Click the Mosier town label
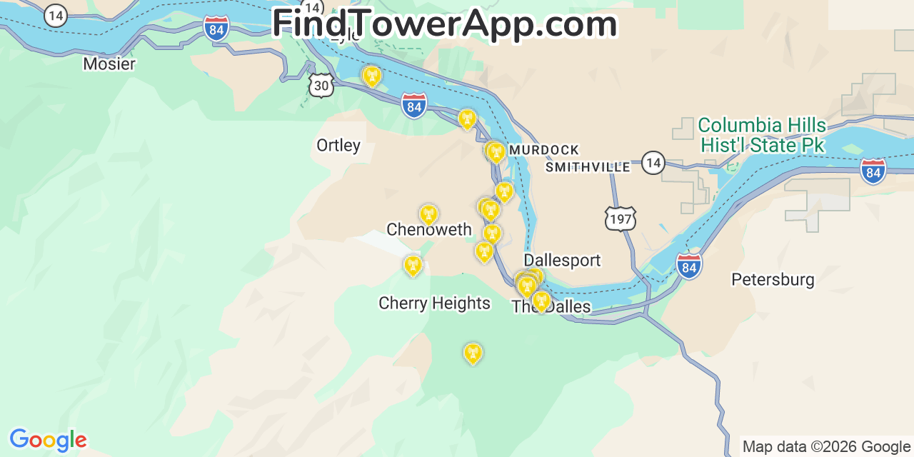[109, 64]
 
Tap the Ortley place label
[338, 146]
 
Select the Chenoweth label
[428, 230]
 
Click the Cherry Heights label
[434, 303]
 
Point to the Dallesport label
[562, 261]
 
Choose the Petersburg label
[773, 279]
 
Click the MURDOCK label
[543, 150]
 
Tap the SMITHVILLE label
[588, 167]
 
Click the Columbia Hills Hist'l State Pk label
[762, 136]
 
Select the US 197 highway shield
[620, 219]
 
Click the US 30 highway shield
[322, 86]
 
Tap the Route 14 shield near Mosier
[55, 15]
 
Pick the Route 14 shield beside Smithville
[652, 163]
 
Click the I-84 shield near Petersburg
[689, 266]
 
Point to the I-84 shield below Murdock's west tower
[413, 106]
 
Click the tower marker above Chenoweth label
[428, 214]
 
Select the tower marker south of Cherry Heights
[473, 353]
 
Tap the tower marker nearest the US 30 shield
[371, 75]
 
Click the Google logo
[47, 440]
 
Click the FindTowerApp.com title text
[444, 24]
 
